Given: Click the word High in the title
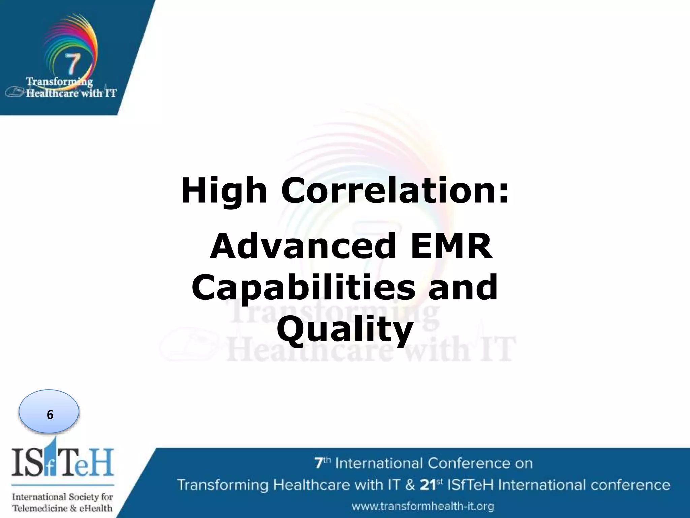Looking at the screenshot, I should (x=224, y=191).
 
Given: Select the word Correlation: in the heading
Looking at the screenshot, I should (x=395, y=191).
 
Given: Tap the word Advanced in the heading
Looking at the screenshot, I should (x=302, y=247).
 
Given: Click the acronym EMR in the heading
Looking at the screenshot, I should (x=451, y=247).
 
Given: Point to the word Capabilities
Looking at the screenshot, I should (x=304, y=288).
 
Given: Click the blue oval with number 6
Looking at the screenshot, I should (x=49, y=411).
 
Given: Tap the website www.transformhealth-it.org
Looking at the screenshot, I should (x=423, y=506).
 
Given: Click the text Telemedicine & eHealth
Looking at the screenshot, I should (x=62, y=508).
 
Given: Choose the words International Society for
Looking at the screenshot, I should (x=62, y=497).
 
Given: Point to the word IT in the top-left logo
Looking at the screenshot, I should (x=111, y=93).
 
